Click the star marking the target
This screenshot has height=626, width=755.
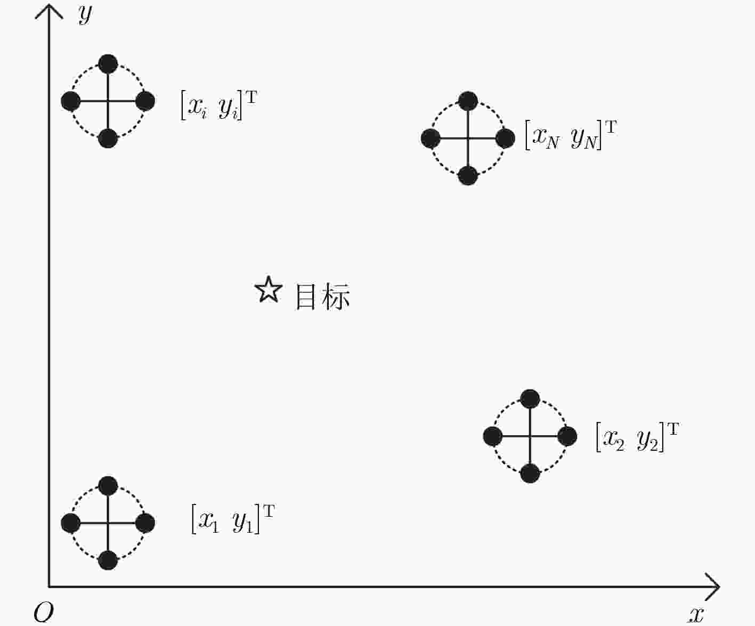(x=269, y=290)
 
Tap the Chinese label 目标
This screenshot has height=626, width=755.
(x=322, y=297)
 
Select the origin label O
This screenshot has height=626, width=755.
(x=44, y=612)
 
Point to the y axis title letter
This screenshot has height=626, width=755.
(x=85, y=15)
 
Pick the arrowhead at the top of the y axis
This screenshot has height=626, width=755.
(x=49, y=11)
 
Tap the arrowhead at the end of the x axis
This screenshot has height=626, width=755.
(x=712, y=587)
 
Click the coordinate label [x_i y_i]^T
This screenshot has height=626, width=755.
(x=219, y=105)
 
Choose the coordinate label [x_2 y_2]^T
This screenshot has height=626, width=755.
(x=637, y=437)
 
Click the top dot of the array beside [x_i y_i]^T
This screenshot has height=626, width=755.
(x=108, y=64)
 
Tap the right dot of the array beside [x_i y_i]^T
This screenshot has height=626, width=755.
(x=145, y=101)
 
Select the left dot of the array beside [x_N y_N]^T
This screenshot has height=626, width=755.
(x=431, y=138)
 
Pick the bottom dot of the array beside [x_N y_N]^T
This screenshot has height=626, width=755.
(x=468, y=176)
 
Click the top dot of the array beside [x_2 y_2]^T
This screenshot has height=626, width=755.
(x=530, y=399)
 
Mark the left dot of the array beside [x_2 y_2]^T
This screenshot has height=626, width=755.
(x=493, y=436)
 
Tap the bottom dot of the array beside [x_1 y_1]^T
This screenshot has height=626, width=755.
(x=108, y=560)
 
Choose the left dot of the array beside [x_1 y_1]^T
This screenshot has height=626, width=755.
(x=70, y=523)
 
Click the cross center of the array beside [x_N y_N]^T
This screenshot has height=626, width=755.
(x=468, y=138)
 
